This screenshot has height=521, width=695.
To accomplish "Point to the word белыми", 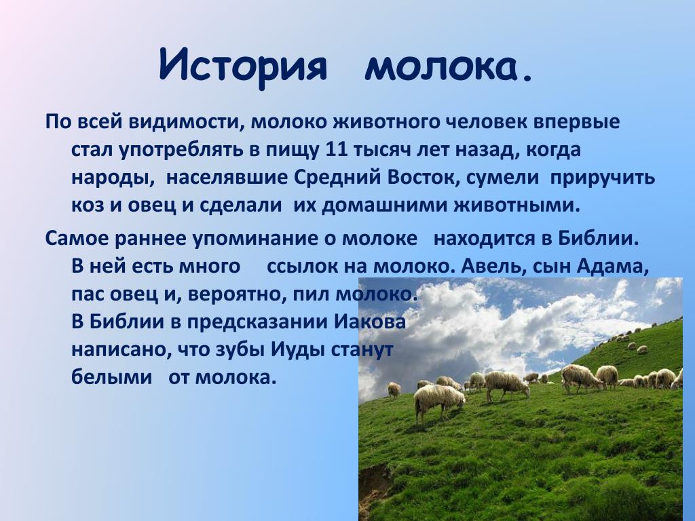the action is tap(112, 378).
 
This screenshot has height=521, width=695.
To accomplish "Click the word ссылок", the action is tap(301, 267).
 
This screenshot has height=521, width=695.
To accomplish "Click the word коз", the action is tap(88, 206).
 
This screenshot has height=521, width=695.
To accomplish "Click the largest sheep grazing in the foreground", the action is tap(439, 402).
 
